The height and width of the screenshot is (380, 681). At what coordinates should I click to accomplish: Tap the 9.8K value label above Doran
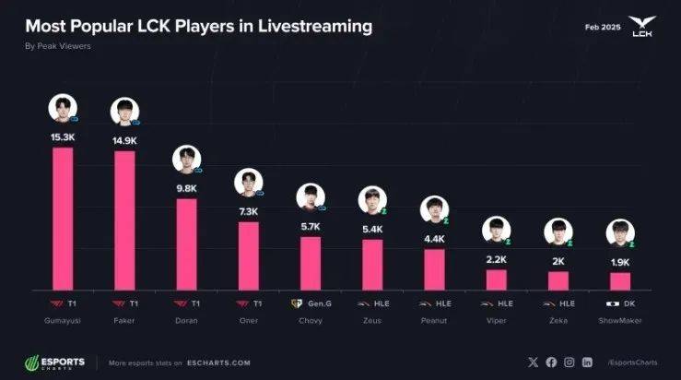186,186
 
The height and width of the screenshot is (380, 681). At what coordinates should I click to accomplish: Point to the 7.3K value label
249,210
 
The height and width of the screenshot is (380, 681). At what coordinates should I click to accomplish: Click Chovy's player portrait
311,196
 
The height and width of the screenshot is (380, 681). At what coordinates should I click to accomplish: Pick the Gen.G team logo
296,303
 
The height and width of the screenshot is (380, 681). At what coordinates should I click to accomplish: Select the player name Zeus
372,320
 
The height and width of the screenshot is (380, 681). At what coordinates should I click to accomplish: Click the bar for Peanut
434,267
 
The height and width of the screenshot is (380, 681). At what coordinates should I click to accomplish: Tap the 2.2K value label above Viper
497,258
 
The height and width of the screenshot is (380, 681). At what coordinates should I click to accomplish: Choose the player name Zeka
558,320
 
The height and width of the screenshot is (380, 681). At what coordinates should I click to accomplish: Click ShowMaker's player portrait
620,233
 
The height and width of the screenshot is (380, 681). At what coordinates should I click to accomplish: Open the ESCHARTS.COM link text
219,362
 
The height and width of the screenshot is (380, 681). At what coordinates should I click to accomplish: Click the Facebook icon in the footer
551,362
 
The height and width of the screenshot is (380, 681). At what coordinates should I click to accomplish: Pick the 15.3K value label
63,137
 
